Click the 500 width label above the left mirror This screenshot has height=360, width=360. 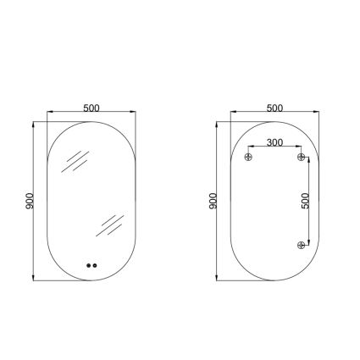(91, 108)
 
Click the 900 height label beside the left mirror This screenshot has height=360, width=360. (30, 201)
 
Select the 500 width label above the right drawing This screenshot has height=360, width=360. (274, 108)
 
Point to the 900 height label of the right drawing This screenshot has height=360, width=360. (213, 201)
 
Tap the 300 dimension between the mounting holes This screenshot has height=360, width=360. (274, 142)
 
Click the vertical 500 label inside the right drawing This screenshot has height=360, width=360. (305, 201)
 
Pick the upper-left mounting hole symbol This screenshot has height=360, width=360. (248, 157)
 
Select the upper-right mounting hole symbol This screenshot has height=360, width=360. (302, 157)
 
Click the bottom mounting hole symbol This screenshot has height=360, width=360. (302, 245)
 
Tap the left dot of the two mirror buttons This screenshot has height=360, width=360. (89, 265)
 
